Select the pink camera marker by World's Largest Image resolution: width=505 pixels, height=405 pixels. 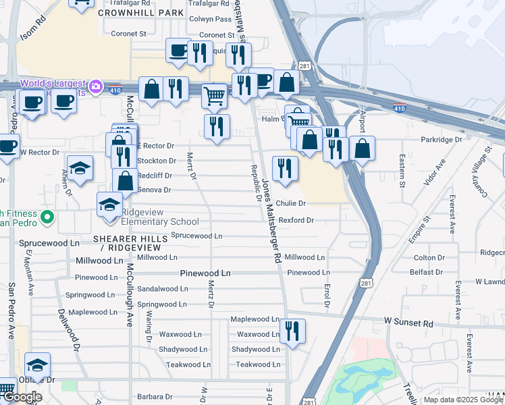[x=96, y=86]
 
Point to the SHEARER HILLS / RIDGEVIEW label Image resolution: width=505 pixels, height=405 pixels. [x=128, y=244]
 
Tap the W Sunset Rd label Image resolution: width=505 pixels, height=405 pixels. [x=408, y=324]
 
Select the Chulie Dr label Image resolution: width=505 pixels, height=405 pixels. [x=291, y=203]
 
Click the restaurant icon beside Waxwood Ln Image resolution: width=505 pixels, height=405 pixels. [x=292, y=331]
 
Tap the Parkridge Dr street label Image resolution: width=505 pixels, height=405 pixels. [x=440, y=140]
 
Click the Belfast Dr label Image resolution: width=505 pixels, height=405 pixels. [x=426, y=272]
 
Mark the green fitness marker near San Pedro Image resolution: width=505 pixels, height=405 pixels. [x=47, y=217]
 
